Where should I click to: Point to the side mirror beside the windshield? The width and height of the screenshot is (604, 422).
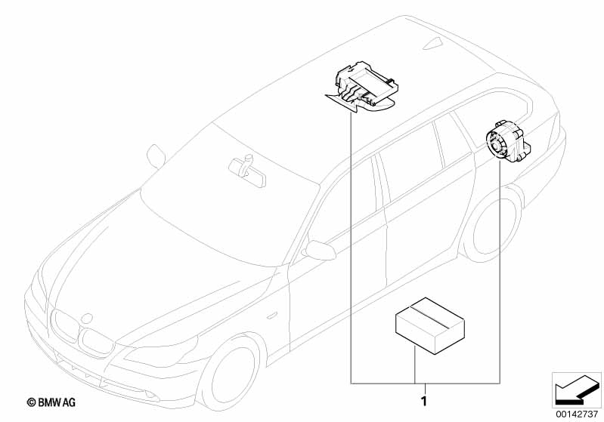click(x=157, y=155)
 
